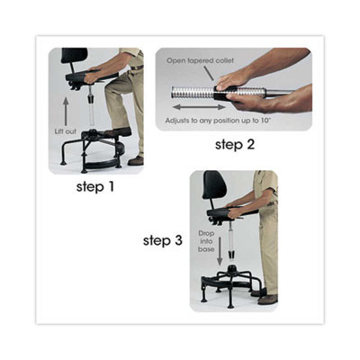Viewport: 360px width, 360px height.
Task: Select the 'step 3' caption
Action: click(x=162, y=240)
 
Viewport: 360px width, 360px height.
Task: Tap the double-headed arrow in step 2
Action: click(x=192, y=106)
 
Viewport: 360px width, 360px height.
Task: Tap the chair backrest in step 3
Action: click(x=214, y=186)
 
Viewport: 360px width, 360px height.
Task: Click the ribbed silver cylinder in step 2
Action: click(x=192, y=93)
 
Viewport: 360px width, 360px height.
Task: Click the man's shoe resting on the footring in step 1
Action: click(x=118, y=132)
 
